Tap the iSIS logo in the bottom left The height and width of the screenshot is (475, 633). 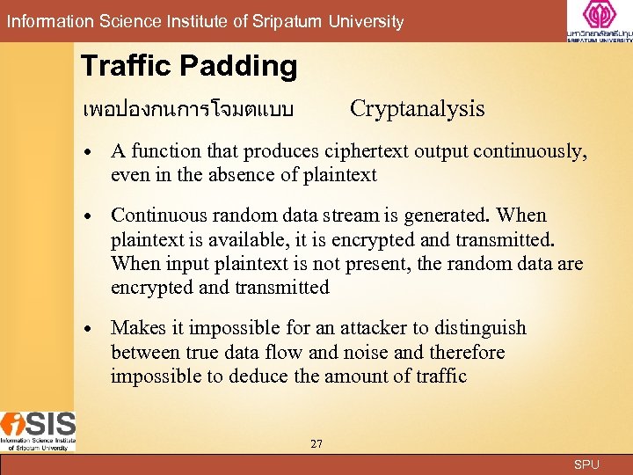pos(38,431)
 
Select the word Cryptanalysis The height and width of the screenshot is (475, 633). pos(417,109)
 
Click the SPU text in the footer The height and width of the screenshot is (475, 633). pos(586,464)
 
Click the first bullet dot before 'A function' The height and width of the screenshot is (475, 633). pos(91,152)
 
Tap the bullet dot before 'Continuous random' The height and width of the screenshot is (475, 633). pos(91,216)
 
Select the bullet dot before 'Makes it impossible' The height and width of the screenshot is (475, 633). pos(91,329)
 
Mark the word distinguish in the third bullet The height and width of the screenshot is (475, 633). pos(478,328)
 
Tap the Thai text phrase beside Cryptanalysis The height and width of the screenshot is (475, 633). pos(187,110)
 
